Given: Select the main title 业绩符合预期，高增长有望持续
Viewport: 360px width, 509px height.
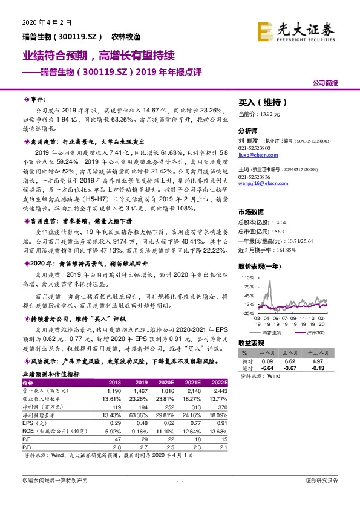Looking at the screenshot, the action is coord(99,56).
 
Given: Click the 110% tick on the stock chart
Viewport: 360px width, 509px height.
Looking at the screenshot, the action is coord(248,277).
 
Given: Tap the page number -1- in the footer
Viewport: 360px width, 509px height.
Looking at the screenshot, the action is coord(180,481).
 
